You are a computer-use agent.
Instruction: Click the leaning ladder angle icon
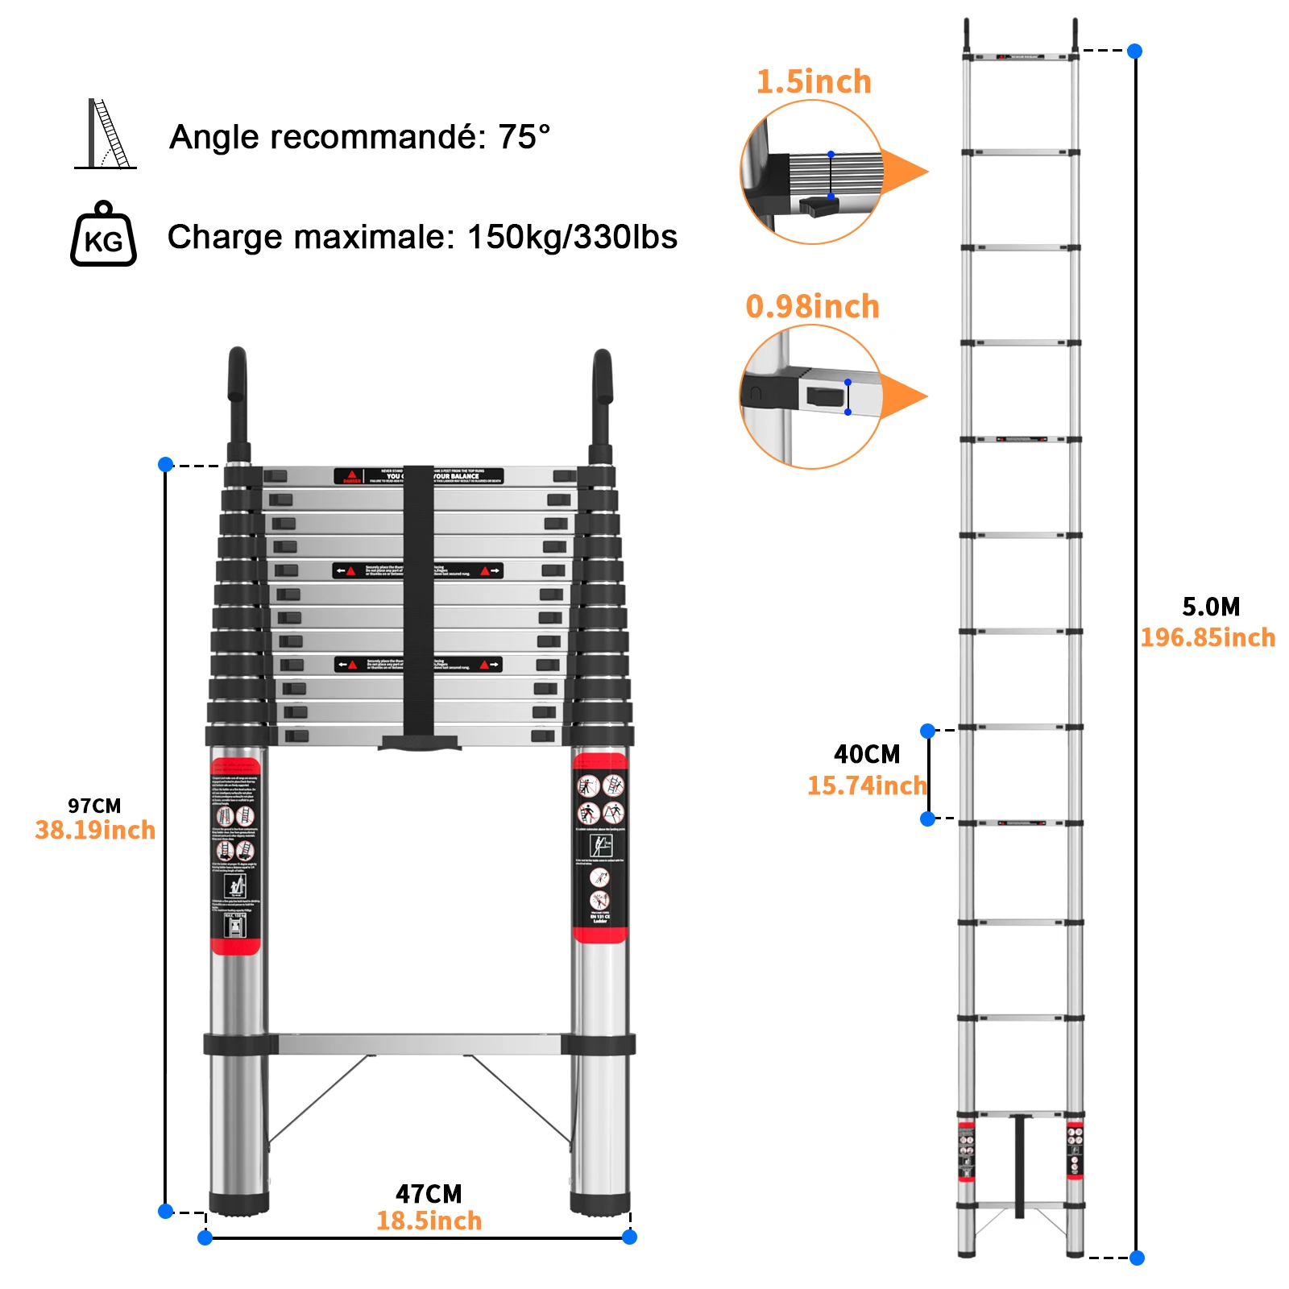tap(106, 135)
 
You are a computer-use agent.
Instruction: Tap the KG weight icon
tap(103, 235)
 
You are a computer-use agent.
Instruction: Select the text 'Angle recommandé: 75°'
tap(359, 137)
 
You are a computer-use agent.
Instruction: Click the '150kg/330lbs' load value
tap(572, 237)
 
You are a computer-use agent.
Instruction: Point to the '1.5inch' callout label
tap(814, 82)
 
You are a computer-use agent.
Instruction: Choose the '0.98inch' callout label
tap(812, 307)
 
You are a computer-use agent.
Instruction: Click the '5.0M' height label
tap(1211, 607)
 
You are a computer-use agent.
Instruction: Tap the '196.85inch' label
tap(1208, 638)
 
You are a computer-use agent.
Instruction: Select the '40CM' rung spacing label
tap(867, 754)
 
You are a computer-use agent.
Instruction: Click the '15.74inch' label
tap(867, 785)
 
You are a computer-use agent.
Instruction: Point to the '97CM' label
tap(94, 806)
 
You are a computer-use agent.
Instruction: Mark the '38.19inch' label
tap(95, 831)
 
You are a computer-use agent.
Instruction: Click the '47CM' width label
tap(429, 1193)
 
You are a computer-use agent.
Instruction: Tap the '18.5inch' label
tap(429, 1221)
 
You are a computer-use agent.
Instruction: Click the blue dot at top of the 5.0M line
tap(1135, 51)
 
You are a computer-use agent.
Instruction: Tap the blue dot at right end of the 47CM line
tap(630, 1237)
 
